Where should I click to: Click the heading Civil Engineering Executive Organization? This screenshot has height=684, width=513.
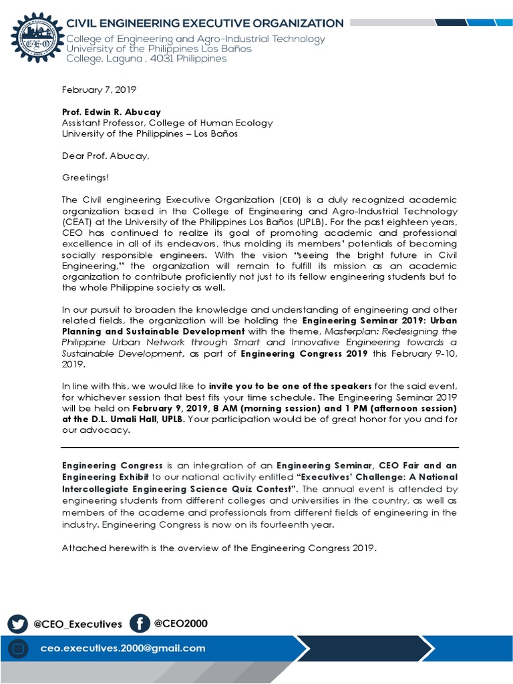[204, 23]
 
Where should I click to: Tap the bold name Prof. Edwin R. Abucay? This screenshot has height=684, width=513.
[112, 112]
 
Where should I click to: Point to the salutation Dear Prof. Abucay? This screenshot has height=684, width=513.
[106, 156]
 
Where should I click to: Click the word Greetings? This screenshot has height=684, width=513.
[85, 178]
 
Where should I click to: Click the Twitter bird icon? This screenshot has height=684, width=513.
[18, 624]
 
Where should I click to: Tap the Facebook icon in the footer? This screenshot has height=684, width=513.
[139, 623]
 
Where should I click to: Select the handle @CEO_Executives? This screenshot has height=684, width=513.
[77, 625]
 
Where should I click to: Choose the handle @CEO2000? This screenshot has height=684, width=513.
[180, 624]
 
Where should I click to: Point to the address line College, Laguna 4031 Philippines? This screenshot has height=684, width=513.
[146, 59]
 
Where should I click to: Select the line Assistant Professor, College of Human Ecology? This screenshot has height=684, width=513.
[167, 123]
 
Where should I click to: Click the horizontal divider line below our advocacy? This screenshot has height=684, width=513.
[261, 447]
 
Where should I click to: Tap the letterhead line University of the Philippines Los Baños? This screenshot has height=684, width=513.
[159, 49]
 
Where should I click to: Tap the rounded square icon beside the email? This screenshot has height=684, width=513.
[19, 649]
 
